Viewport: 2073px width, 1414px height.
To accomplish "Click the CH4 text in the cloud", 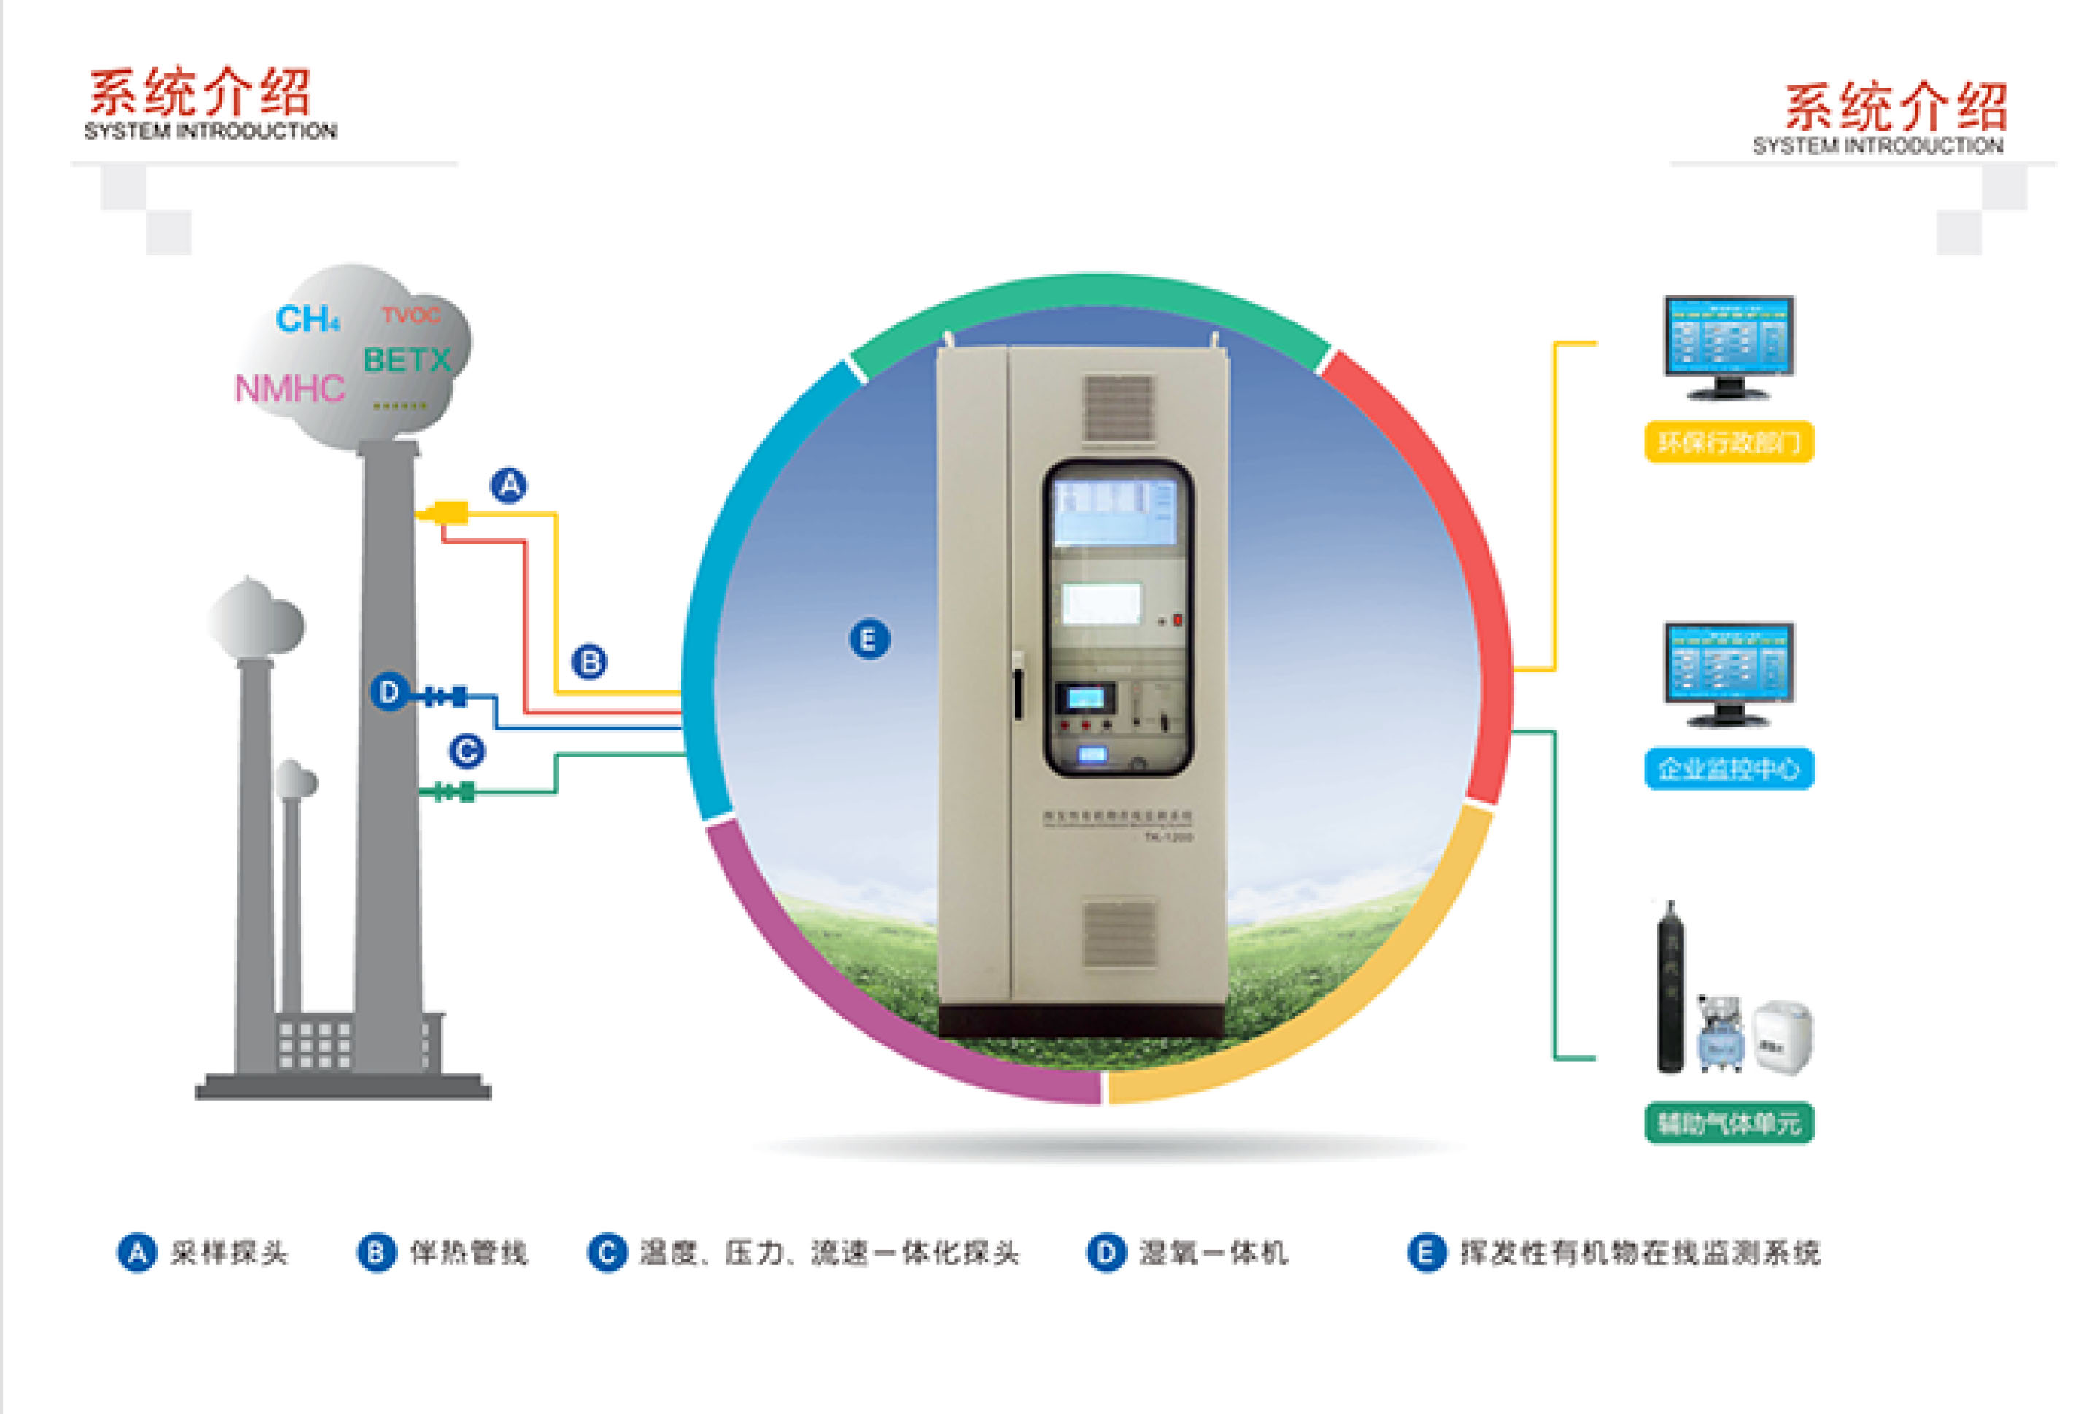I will coord(307,319).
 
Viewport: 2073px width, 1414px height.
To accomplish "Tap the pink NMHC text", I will coord(289,388).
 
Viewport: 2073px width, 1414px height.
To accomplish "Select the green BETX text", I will coord(407,360).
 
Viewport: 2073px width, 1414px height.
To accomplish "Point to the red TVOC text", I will coord(411,315).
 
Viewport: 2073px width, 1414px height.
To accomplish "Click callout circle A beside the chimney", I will coord(509,485).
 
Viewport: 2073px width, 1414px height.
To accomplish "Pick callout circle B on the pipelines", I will coord(589,662).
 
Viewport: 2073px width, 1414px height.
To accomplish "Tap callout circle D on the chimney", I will coord(390,692).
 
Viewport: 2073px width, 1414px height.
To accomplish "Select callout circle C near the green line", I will coord(467,752).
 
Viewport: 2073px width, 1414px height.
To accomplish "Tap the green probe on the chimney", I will coord(456,792).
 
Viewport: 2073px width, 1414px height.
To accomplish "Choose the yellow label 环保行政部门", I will coord(1728,441).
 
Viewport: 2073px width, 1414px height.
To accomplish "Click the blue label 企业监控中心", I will coord(1728,768).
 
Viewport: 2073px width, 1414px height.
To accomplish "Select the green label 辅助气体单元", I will coord(1728,1122).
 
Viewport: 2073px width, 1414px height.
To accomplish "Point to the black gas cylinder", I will coord(1670,990).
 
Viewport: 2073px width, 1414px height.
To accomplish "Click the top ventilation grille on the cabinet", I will coord(1119,408).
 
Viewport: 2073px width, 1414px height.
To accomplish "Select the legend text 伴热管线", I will coord(468,1253).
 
